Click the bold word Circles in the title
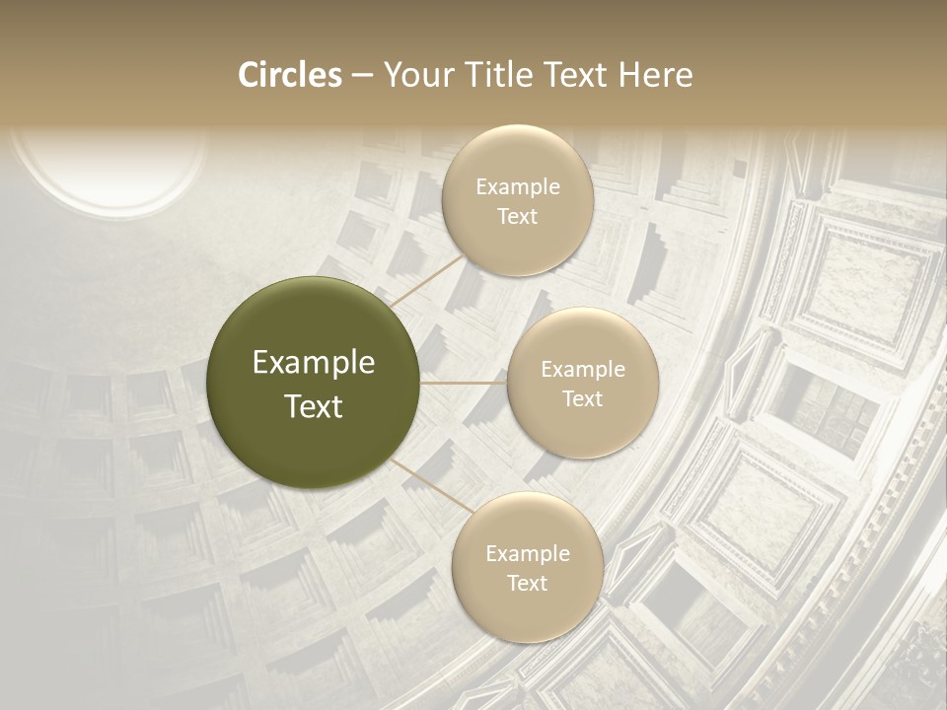point(289,75)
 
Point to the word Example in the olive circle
point(314,363)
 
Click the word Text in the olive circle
point(314,406)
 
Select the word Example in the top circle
point(518,187)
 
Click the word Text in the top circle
point(518,216)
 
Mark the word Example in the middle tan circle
point(583,370)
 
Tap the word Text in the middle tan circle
point(583,398)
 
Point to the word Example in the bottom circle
point(527,554)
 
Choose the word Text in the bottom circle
point(527,583)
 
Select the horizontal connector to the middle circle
point(464,383)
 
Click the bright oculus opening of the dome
point(109,168)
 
